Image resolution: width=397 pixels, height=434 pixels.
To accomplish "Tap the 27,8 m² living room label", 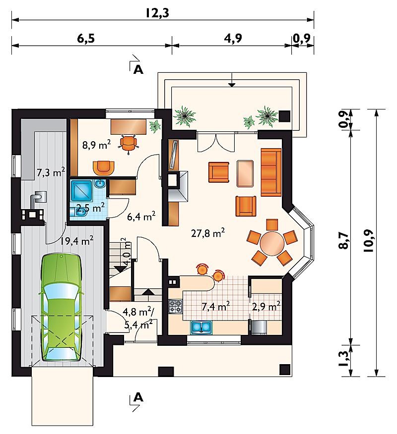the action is (x=208, y=233).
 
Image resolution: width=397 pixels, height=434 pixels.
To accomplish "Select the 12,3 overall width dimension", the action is (x=157, y=13).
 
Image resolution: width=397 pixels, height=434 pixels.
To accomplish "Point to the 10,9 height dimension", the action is (x=369, y=241).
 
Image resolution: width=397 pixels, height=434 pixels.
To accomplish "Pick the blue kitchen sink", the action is (x=201, y=326).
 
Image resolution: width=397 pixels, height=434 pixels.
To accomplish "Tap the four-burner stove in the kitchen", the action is (x=176, y=306).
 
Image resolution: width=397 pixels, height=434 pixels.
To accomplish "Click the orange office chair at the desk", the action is (x=129, y=143).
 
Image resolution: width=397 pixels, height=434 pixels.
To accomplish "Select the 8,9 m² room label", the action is (x=96, y=145).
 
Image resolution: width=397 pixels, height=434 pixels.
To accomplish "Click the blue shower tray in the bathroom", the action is (x=81, y=190).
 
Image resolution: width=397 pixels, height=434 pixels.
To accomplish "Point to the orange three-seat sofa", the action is (x=271, y=172).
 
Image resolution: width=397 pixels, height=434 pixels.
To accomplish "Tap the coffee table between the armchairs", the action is (x=245, y=173).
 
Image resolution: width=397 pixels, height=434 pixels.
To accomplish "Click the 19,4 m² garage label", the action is (x=77, y=241).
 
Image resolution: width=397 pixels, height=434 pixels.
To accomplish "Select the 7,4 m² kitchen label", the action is (x=215, y=306).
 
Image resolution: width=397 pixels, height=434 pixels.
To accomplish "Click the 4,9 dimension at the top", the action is (x=233, y=38).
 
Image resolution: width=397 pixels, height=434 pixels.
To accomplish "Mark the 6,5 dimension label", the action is (x=86, y=39).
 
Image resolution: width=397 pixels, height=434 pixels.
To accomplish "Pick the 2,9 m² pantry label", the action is (x=266, y=306).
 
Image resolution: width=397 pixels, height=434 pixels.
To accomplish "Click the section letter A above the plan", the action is (x=138, y=70).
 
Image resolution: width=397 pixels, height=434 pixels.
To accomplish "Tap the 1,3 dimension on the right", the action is (x=343, y=359).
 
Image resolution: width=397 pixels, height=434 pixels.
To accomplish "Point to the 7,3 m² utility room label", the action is (x=51, y=173).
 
